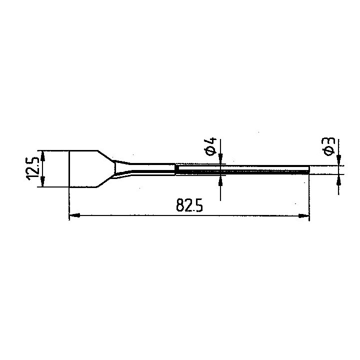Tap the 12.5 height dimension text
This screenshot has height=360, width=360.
(33, 169)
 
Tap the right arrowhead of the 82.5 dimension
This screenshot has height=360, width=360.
(304, 215)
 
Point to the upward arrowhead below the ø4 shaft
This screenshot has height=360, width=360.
(220, 179)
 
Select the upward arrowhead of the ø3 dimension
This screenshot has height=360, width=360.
(339, 178)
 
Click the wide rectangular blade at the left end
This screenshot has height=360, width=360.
(82, 169)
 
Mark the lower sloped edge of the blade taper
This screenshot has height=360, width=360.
(106, 182)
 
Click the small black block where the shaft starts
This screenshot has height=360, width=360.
(177, 170)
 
